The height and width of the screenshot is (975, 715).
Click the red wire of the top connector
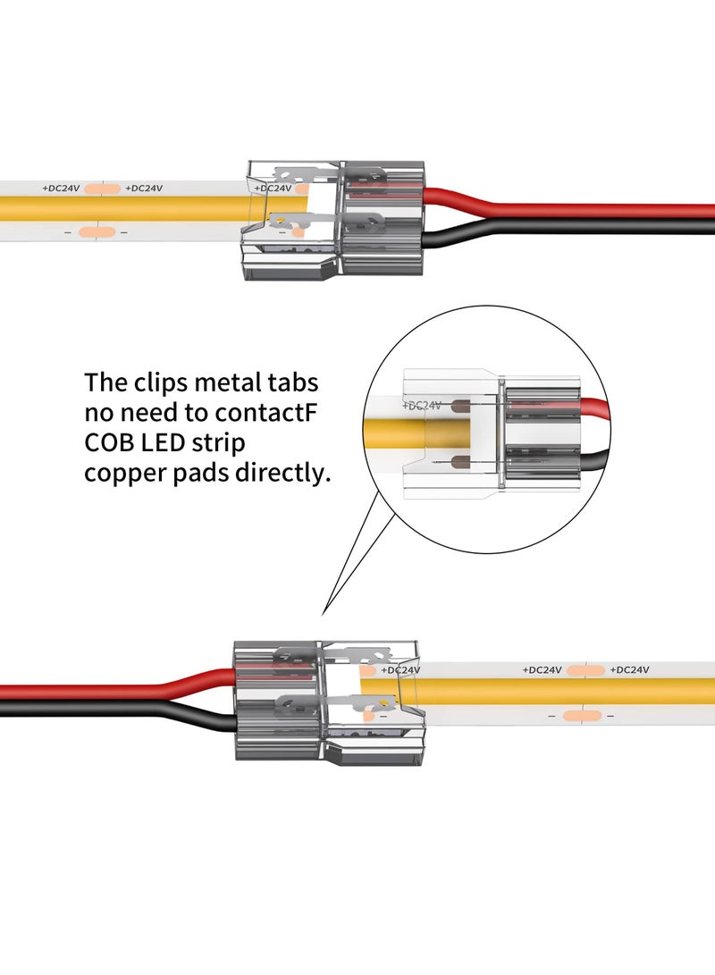click(x=572, y=211)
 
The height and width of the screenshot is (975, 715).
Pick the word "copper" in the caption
click(x=123, y=474)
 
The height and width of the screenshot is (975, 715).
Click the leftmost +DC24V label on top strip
click(x=62, y=189)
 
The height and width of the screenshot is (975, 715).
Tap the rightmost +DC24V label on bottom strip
click(x=629, y=669)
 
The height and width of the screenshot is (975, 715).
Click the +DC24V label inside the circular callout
click(x=424, y=405)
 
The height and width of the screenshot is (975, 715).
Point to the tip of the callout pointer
click(x=324, y=615)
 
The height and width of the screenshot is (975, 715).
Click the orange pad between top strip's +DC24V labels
click(x=103, y=189)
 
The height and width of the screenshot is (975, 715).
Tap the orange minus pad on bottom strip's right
click(x=585, y=716)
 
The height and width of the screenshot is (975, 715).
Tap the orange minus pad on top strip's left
click(x=93, y=232)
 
